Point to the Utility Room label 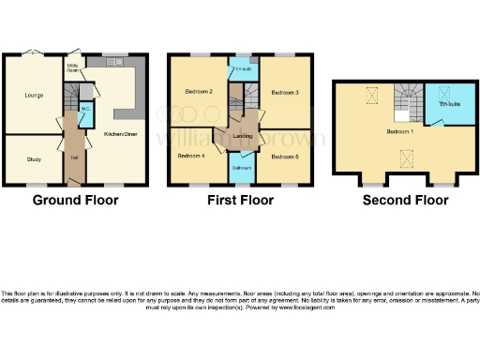(71, 67)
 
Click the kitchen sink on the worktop (116, 63)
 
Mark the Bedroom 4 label (191, 156)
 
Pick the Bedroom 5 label (284, 156)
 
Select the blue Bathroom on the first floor (241, 168)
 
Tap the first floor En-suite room (241, 69)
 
